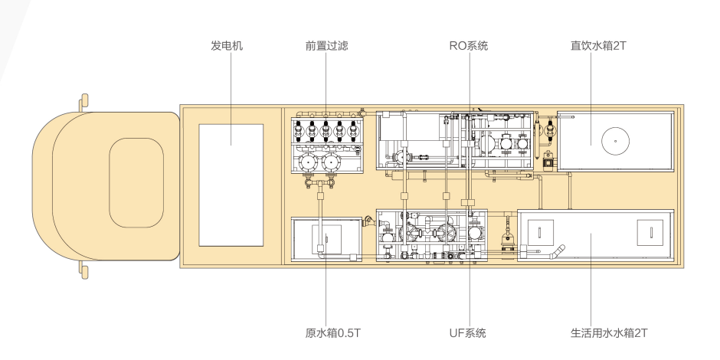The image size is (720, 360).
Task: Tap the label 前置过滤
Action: [326, 46]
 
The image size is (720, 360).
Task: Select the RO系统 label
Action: [468, 46]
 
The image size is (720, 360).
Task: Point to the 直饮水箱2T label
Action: [599, 46]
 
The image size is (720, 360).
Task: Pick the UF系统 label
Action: [467, 333]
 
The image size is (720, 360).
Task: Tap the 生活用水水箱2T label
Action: [609, 333]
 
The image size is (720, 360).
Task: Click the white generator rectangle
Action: [231, 189]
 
